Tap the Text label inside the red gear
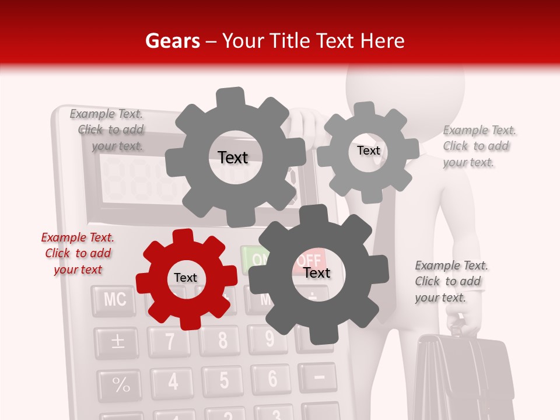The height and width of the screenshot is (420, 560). click(x=185, y=278)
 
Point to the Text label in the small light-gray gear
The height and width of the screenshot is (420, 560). click(x=368, y=150)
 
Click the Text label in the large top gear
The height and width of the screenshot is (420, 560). click(x=233, y=157)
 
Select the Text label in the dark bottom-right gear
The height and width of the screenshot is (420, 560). click(x=317, y=273)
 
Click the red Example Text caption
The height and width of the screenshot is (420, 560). click(x=77, y=253)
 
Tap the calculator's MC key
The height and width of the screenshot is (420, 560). click(x=114, y=300)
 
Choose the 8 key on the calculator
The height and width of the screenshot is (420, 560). click(x=222, y=340)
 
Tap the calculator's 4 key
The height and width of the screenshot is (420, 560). click(x=173, y=381)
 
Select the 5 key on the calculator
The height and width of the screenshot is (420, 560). click(x=224, y=380)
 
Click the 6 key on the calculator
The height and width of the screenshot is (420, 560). click(x=272, y=379)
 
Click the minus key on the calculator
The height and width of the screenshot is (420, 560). click(x=319, y=377)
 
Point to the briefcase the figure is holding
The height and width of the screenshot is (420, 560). click(x=464, y=379)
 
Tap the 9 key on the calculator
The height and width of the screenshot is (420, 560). click(x=269, y=338)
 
